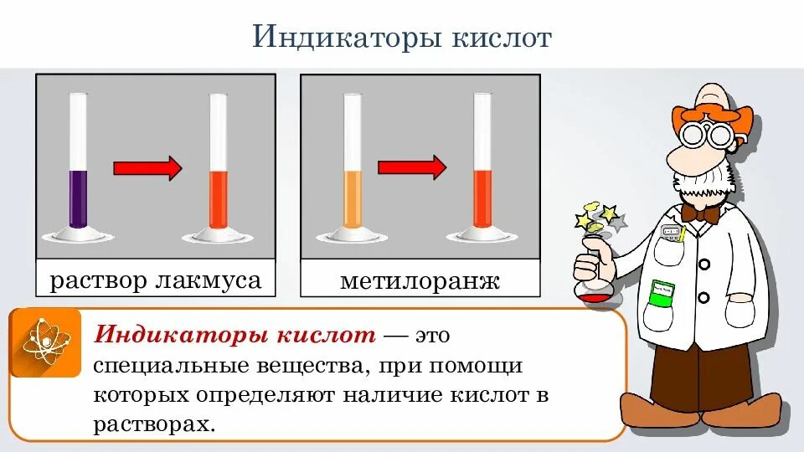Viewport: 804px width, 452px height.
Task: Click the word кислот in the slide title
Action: (499, 38)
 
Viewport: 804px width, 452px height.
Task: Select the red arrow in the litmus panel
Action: (147, 168)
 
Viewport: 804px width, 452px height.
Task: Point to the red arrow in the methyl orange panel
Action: (412, 167)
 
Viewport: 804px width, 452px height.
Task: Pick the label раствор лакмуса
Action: (156, 280)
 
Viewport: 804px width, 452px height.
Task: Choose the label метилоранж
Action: (420, 280)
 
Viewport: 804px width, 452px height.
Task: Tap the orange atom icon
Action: (45, 342)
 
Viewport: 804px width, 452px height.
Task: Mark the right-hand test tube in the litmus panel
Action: (218, 167)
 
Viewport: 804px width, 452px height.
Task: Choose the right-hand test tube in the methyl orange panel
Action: (482, 167)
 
